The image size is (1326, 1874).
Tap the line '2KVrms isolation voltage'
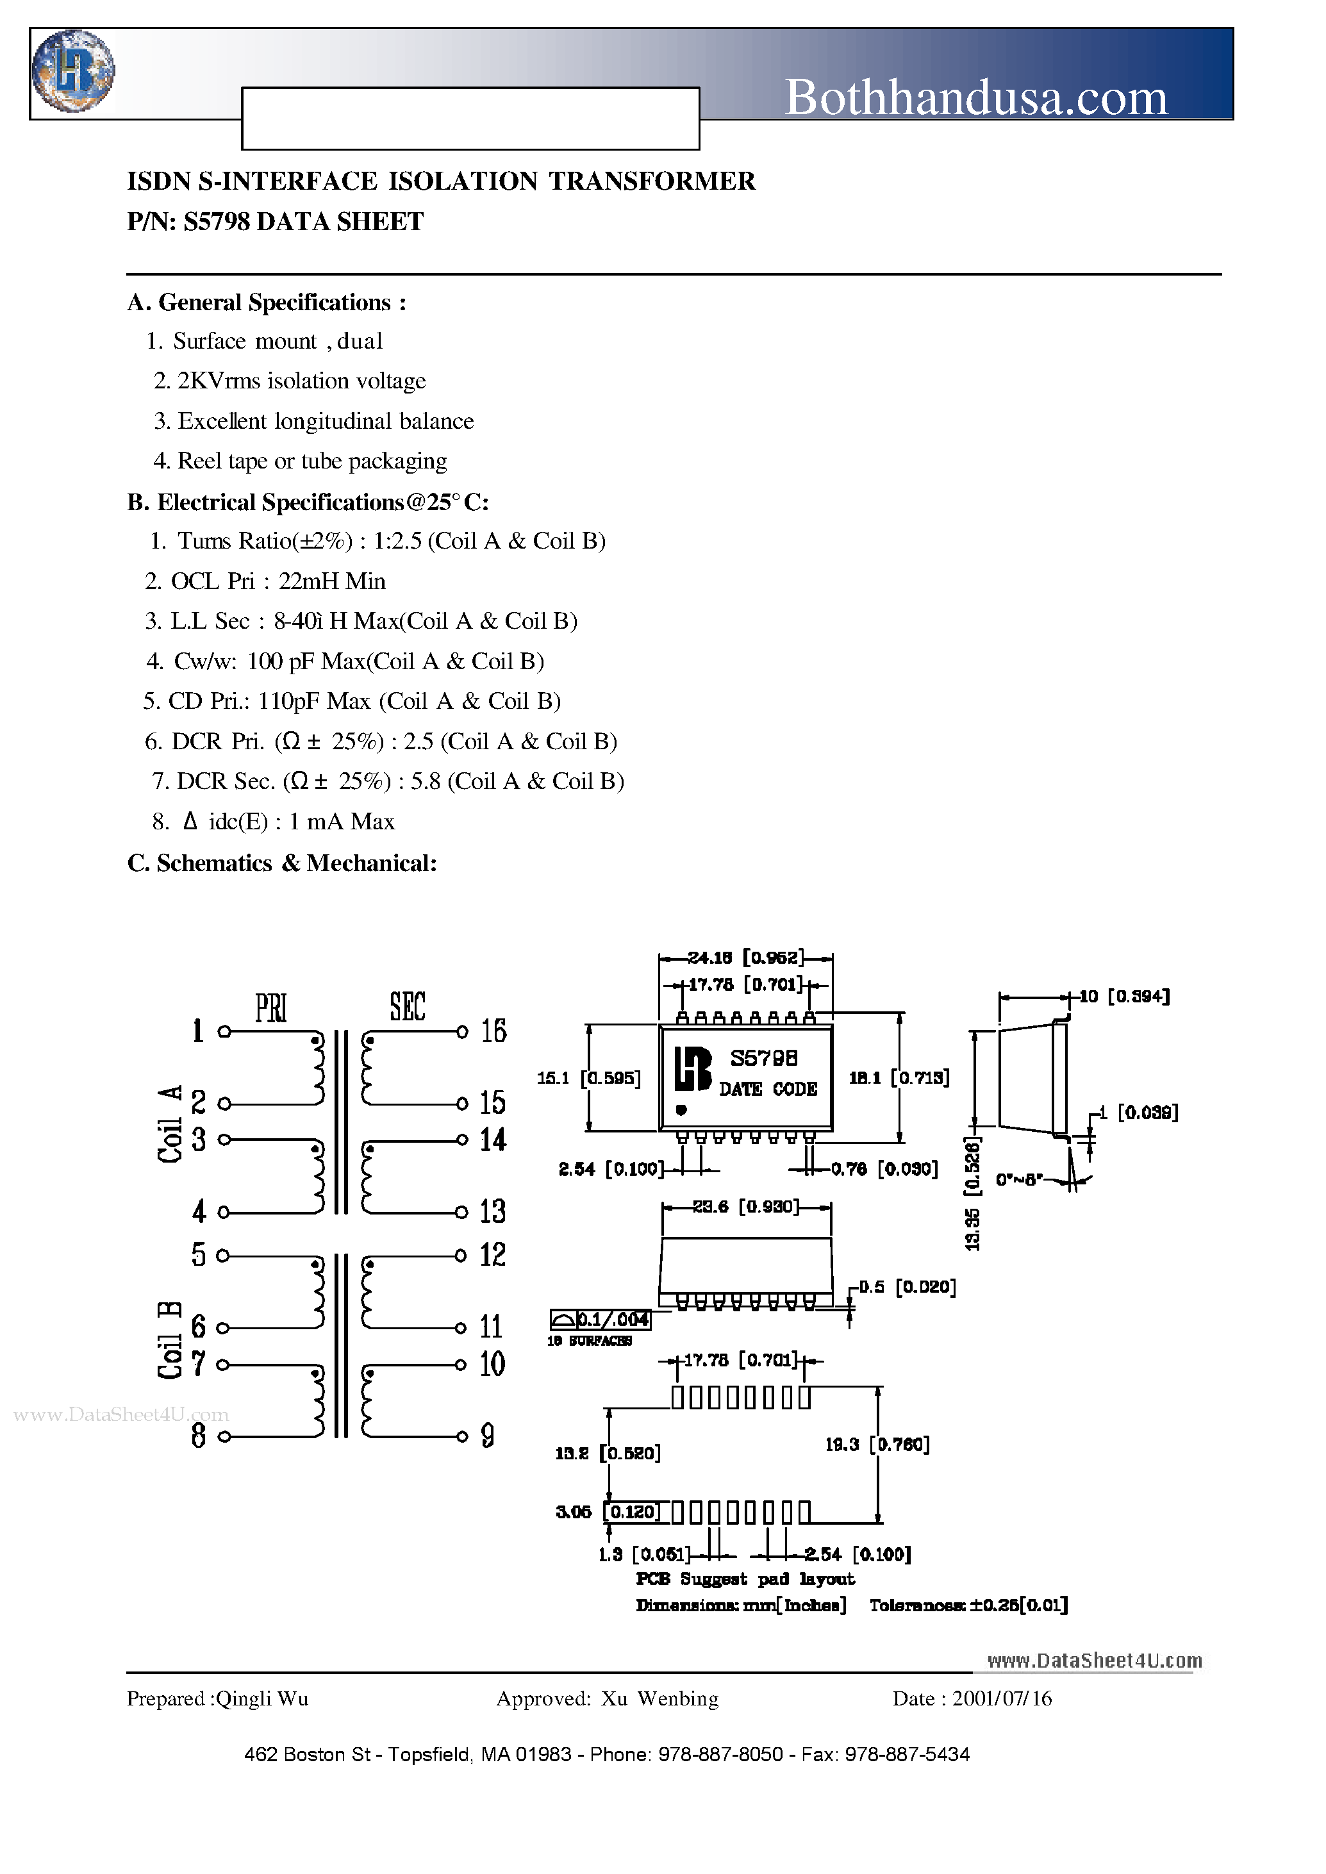click(x=301, y=381)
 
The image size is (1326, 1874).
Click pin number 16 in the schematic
click(x=493, y=1031)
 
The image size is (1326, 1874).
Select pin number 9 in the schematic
click(x=488, y=1436)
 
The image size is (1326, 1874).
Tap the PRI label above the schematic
click(x=271, y=1007)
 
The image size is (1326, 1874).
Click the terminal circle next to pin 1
click(x=224, y=1032)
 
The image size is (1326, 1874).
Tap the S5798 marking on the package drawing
click(x=763, y=1058)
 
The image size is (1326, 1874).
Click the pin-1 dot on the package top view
click(x=681, y=1109)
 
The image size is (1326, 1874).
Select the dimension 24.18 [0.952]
click(x=745, y=958)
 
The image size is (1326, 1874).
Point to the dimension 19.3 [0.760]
click(x=877, y=1445)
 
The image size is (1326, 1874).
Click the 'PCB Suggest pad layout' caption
click(x=745, y=1579)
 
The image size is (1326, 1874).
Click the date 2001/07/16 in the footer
click(x=1001, y=1698)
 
